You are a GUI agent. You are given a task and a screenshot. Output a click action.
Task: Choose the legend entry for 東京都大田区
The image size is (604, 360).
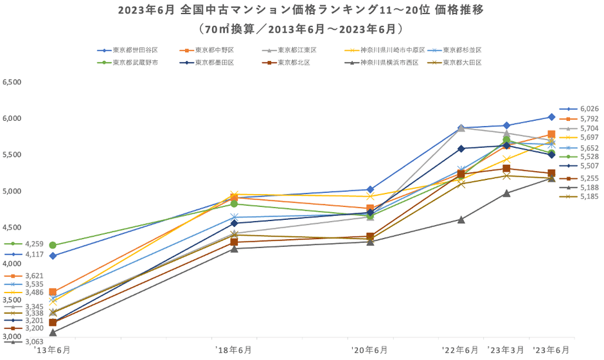[461, 62]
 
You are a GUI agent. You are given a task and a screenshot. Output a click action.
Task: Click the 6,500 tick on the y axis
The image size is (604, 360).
[12, 82]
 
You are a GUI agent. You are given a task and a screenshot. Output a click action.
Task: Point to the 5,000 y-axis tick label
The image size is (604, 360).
[12, 191]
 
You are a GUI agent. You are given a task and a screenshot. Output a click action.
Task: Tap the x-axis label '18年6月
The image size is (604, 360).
[234, 350]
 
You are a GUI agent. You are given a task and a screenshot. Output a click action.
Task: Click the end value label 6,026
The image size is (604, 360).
[589, 109]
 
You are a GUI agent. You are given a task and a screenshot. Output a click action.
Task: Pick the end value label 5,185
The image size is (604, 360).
[589, 197]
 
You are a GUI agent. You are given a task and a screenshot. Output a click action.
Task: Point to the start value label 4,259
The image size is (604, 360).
[33, 244]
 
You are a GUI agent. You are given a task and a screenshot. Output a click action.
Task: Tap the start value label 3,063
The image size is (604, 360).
[33, 342]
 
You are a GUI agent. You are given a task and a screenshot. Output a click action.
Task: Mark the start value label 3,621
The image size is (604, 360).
[33, 276]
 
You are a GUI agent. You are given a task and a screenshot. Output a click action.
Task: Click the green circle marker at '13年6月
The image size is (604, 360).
[53, 245]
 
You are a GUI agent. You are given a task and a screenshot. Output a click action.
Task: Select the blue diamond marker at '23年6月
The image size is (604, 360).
[551, 116]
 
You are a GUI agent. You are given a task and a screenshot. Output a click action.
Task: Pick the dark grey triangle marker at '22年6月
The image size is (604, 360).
[461, 219]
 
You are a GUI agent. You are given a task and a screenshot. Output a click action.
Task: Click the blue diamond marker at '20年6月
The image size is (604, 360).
[370, 190]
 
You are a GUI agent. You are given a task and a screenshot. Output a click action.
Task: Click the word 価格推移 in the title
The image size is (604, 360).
[457, 11]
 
